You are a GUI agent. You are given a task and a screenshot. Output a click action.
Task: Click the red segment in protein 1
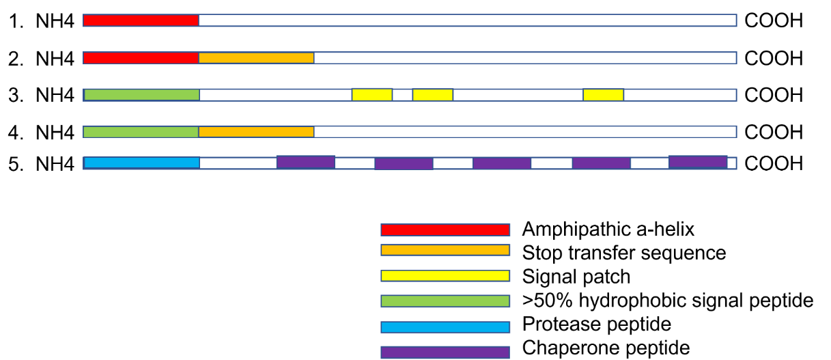(x=141, y=20)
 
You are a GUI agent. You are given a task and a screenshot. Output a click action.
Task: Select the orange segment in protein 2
(x=256, y=58)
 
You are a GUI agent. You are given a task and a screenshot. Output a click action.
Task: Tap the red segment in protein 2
(x=141, y=58)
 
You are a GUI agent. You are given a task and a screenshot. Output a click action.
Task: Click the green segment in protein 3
(x=141, y=94)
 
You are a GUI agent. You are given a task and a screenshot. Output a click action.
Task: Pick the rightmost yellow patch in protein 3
(x=603, y=94)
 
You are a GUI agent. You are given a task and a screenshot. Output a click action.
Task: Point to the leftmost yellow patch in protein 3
(x=371, y=94)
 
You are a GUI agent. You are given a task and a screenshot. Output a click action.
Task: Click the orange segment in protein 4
(x=256, y=131)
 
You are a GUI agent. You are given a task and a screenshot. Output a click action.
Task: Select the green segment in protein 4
(x=141, y=131)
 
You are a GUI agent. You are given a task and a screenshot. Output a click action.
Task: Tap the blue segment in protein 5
(x=141, y=163)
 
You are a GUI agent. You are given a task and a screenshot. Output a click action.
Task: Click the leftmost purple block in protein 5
(x=305, y=162)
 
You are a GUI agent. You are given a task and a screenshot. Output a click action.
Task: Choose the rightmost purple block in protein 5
(x=697, y=162)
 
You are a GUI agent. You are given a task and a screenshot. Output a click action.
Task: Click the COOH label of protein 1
(x=774, y=21)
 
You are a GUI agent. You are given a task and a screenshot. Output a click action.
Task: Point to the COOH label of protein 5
(x=774, y=164)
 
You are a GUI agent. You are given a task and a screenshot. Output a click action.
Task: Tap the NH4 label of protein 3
(x=55, y=95)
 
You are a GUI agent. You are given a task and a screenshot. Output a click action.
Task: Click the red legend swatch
(x=445, y=230)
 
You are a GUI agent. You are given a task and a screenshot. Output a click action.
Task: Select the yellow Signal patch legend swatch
(x=445, y=276)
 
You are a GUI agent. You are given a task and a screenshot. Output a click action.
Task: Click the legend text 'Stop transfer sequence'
(x=623, y=253)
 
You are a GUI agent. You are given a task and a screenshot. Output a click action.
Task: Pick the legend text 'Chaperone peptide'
(x=606, y=348)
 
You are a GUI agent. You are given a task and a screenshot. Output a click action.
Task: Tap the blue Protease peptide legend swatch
(x=445, y=327)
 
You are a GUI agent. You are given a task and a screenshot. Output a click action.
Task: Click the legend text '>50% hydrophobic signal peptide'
(x=667, y=300)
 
